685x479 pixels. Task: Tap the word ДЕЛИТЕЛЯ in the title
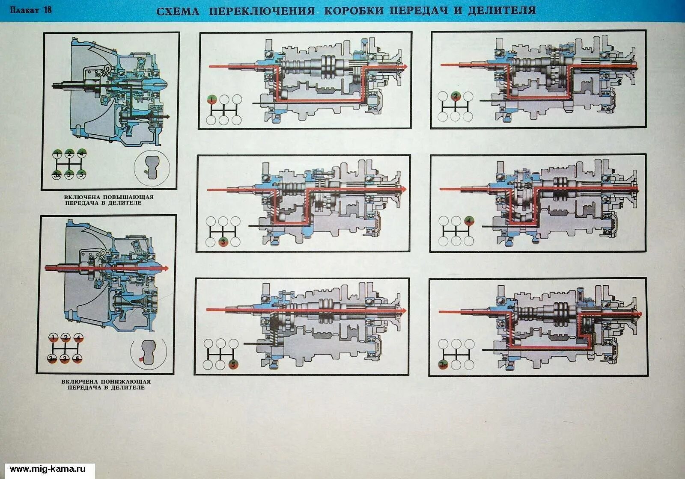tap(501, 10)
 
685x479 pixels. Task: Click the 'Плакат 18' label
tap(31, 9)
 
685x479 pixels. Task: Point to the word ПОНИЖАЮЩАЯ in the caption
tap(124, 381)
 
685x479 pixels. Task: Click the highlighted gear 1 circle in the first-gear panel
tap(211, 100)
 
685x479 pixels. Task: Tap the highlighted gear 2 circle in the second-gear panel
tap(456, 96)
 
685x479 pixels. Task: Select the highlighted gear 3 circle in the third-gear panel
tap(223, 242)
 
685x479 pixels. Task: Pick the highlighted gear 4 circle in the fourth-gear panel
tap(469, 221)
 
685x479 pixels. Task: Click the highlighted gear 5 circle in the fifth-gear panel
tap(233, 364)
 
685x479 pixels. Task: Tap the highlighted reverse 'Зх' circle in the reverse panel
tap(444, 364)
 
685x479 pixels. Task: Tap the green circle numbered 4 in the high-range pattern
tap(81, 153)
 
